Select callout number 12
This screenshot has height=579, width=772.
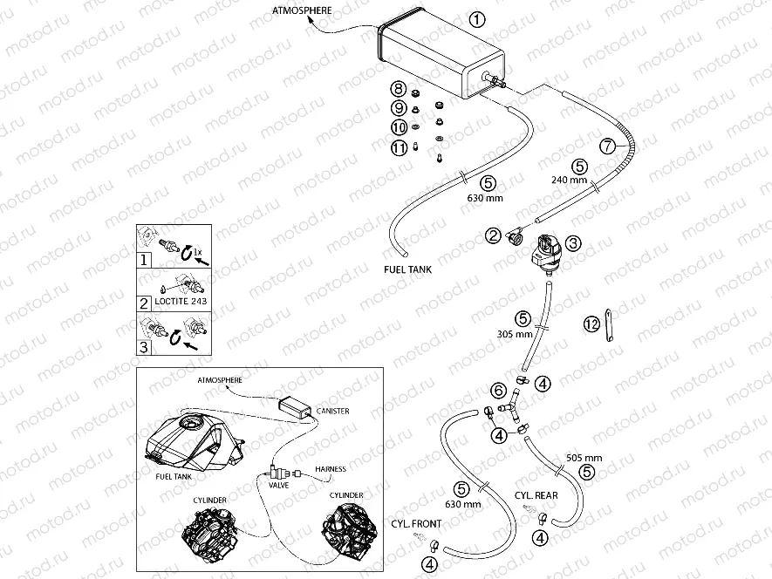[592, 324]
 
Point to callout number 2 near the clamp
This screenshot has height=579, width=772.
[493, 235]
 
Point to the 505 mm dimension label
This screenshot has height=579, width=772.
[584, 457]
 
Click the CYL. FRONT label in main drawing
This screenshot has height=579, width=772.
[415, 524]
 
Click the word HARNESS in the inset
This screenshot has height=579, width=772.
[331, 469]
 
